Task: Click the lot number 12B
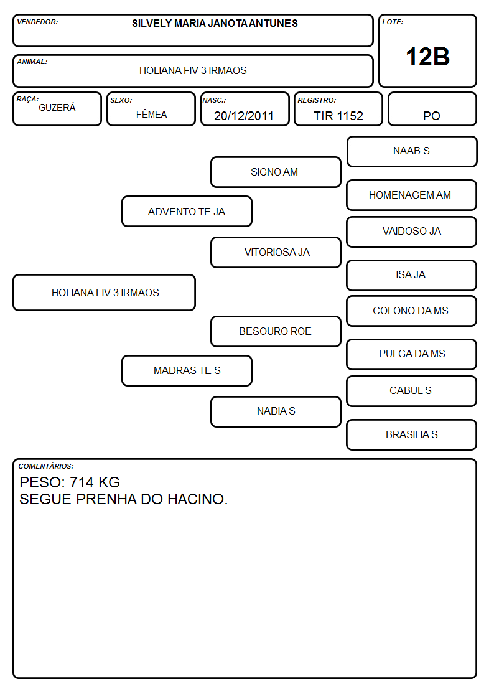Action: pyautogui.click(x=427, y=57)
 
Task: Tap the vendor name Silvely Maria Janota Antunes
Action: pyautogui.click(x=215, y=23)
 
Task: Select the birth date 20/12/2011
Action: pyautogui.click(x=244, y=116)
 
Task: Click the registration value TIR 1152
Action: pyautogui.click(x=338, y=116)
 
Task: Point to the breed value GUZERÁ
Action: pyautogui.click(x=57, y=108)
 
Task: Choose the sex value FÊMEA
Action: pyautogui.click(x=151, y=114)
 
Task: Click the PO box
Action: pyautogui.click(x=432, y=109)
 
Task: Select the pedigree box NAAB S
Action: pyautogui.click(x=412, y=152)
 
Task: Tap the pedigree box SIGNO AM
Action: pyautogui.click(x=276, y=172)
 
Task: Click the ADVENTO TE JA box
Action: pyautogui.click(x=187, y=211)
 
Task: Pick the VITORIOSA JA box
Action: pyautogui.click(x=276, y=252)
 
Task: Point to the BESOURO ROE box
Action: pyautogui.click(x=276, y=332)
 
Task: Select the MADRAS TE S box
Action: pyautogui.click(x=187, y=370)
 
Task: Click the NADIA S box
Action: pyautogui.click(x=276, y=412)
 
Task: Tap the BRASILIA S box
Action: pyautogui.click(x=412, y=434)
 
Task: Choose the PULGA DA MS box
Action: pyautogui.click(x=412, y=354)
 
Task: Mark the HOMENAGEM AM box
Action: pyautogui.click(x=412, y=195)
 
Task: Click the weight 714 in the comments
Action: pyautogui.click(x=82, y=482)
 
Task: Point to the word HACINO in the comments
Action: pyautogui.click(x=197, y=499)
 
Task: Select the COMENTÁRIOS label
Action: pyautogui.click(x=46, y=466)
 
